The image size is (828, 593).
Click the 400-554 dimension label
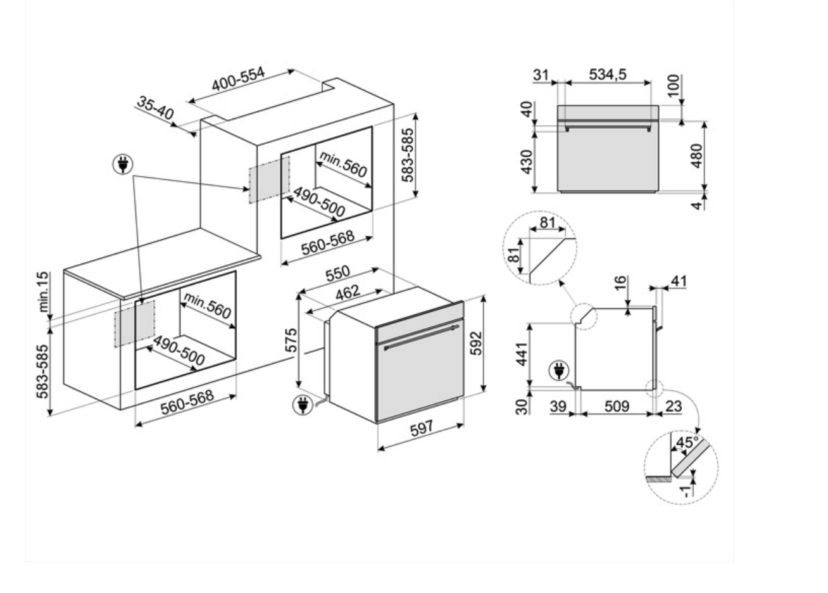pyautogui.click(x=238, y=79)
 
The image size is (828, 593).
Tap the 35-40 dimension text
pyautogui.click(x=155, y=108)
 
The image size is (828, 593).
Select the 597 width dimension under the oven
pyautogui.click(x=421, y=428)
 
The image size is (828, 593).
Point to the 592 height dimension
pyautogui.click(x=476, y=343)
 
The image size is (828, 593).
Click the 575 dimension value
pyautogui.click(x=292, y=340)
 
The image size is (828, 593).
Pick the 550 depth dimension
pyautogui.click(x=337, y=273)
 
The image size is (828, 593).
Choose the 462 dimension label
pyautogui.click(x=348, y=292)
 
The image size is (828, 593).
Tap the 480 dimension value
pyautogui.click(x=696, y=156)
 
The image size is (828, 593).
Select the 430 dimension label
pyautogui.click(x=527, y=162)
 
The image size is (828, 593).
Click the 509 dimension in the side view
pyautogui.click(x=617, y=407)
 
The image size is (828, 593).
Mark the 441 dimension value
pyautogui.click(x=522, y=354)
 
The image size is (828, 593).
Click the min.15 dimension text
pyautogui.click(x=44, y=292)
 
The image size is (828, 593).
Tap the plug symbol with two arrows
pyautogui.click(x=123, y=164)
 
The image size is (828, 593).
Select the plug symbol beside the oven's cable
pyautogui.click(x=303, y=405)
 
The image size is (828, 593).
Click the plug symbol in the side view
pyautogui.click(x=559, y=371)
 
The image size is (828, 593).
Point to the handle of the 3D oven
pyautogui.click(x=422, y=337)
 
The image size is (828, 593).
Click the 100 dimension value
pyautogui.click(x=674, y=86)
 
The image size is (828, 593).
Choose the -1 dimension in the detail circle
pyautogui.click(x=685, y=491)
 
